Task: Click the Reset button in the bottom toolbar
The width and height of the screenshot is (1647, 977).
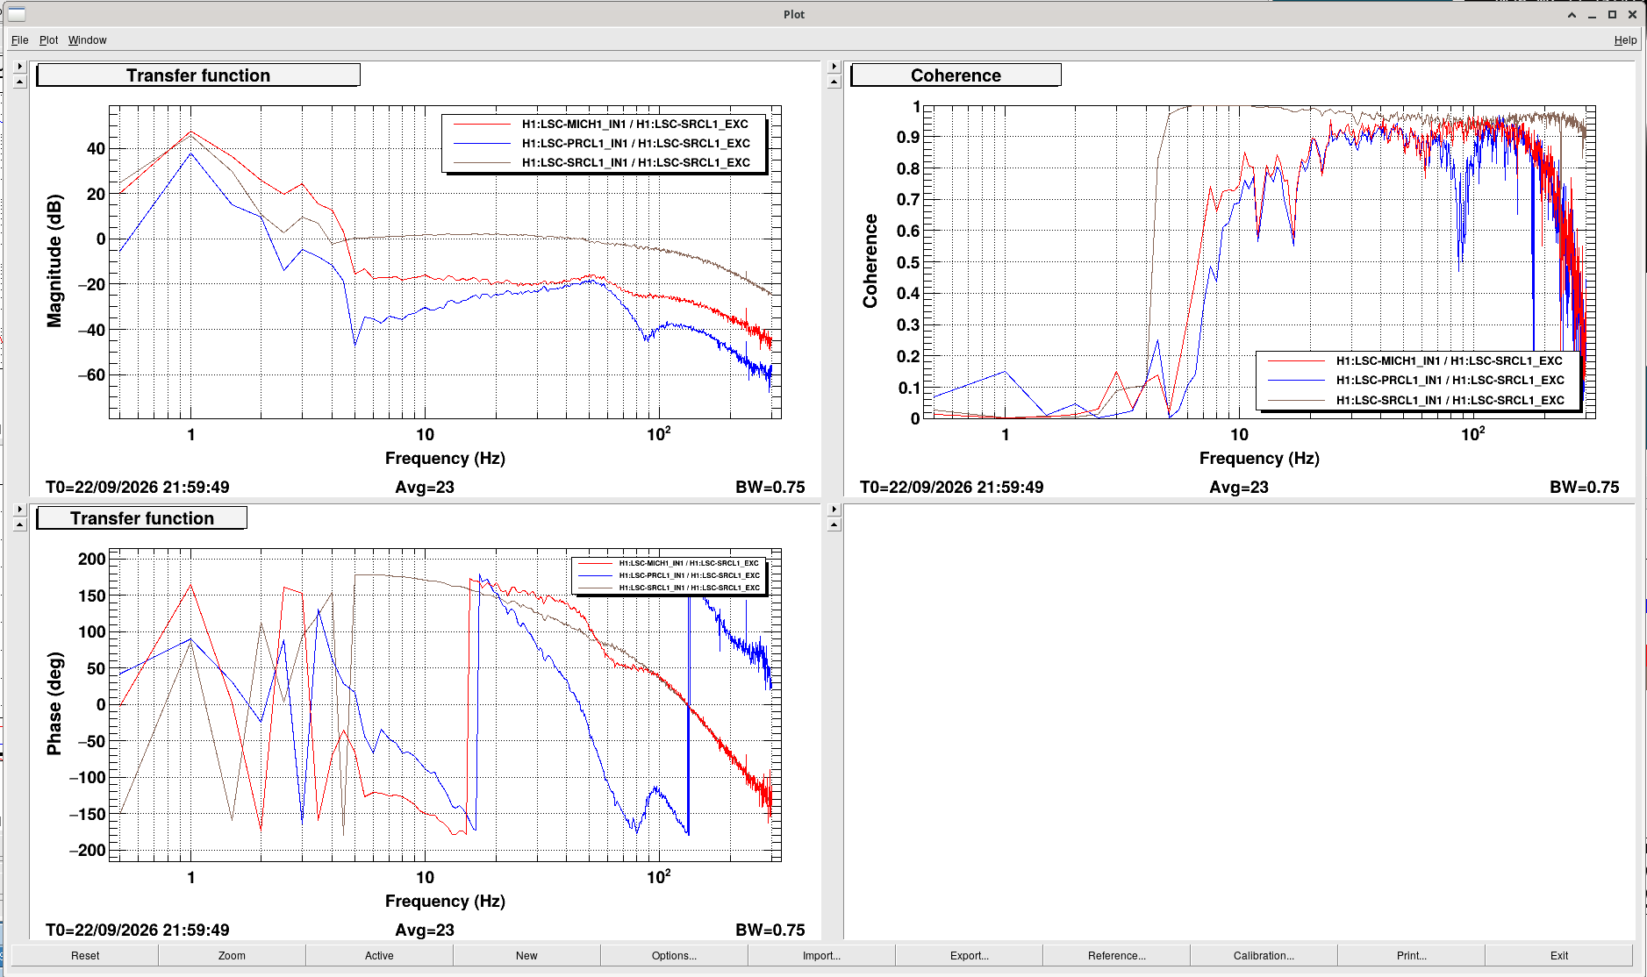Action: [85, 955]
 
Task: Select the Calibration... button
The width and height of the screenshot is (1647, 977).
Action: [1264, 955]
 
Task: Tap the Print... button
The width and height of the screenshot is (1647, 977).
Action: [1411, 955]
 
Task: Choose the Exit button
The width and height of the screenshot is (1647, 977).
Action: [1558, 955]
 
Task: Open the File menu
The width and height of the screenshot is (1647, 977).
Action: [19, 40]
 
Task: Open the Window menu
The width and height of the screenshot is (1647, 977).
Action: [88, 40]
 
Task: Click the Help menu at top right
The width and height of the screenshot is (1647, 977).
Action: [1625, 40]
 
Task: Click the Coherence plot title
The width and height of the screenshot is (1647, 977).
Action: [956, 75]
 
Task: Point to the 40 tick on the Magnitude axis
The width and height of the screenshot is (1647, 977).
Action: [96, 148]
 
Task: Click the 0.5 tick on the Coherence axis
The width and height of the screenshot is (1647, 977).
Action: [908, 262]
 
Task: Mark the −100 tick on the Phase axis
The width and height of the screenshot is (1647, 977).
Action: [88, 777]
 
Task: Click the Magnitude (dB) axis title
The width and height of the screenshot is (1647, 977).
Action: [54, 260]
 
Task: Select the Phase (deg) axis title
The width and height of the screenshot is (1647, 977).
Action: [54, 703]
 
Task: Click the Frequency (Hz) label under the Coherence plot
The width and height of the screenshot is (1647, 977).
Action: [1259, 458]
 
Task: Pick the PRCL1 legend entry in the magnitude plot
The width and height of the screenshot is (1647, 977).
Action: [635, 143]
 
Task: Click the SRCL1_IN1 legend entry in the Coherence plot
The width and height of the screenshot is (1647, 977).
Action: [1450, 400]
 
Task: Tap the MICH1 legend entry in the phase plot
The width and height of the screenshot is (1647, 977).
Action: [689, 563]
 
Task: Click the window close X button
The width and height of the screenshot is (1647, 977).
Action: [1632, 14]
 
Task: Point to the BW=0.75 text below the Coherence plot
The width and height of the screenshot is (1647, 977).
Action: [1584, 487]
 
